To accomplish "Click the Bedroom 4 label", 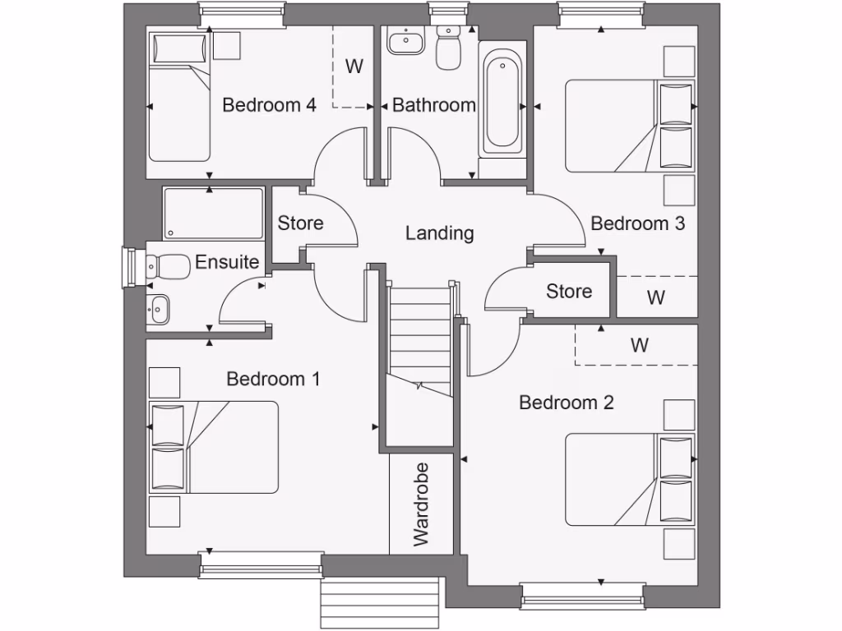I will (270, 105).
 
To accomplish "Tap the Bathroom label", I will (433, 105).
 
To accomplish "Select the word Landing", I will (440, 233).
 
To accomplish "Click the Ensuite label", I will (227, 263).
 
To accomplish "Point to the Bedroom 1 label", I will (273, 379).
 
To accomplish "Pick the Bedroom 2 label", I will (567, 403).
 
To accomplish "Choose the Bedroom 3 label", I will (637, 223).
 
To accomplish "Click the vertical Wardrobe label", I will (421, 504).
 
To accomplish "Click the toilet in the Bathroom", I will (448, 49).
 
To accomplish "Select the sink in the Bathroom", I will (404, 40).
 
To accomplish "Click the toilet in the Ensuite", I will (166, 265).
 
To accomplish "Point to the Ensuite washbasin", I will (159, 309).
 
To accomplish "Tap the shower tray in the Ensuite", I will (213, 214).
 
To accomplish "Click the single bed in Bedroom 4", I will (178, 97).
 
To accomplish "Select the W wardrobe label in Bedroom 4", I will (354, 67).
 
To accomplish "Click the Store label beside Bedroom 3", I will (569, 292).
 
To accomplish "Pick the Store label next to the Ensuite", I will (300, 223).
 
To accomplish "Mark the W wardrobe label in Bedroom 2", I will (640, 345).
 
